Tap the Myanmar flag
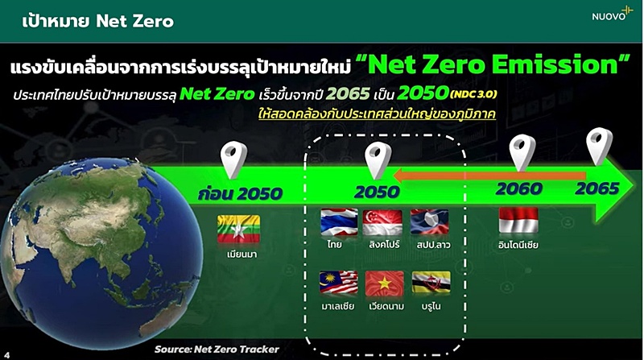point(238,229)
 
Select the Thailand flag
point(339,222)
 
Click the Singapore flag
point(382,222)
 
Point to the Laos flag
point(429,222)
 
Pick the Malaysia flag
point(338,283)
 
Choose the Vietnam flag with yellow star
point(385,283)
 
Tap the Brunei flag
point(431,283)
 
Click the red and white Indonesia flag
point(518,221)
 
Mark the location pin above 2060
point(522,152)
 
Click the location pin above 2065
point(599,146)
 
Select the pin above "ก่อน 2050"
point(233,159)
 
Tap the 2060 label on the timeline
point(519,189)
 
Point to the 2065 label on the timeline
point(597,188)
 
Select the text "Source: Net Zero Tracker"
point(217,350)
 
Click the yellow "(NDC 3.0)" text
point(473,94)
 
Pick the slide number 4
point(7,355)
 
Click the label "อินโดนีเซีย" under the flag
point(518,245)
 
